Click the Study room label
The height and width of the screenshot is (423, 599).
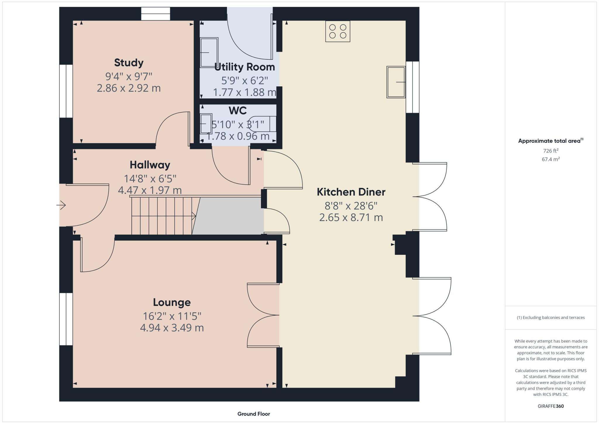tap(129, 63)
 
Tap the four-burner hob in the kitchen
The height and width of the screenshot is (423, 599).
tap(338, 31)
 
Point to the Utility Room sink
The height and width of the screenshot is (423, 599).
tap(209, 53)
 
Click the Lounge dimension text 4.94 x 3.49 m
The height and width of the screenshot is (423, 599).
tap(172, 328)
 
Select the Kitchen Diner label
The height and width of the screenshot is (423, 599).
tap(351, 192)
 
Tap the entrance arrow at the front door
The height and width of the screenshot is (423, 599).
tap(61, 205)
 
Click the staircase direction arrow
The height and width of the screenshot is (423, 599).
tap(193, 216)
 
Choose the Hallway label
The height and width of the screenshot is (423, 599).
tap(150, 165)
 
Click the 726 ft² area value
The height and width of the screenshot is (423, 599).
tap(551, 151)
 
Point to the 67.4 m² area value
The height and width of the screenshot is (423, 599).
tap(551, 159)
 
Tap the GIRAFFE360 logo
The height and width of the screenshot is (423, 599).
tap(551, 406)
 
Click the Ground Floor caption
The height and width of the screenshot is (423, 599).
tap(254, 414)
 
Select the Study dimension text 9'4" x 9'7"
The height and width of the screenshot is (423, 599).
tap(129, 77)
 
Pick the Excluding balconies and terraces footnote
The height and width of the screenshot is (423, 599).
tap(551, 317)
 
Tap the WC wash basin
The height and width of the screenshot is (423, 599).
tap(206, 124)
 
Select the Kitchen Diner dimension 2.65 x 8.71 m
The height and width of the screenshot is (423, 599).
tap(351, 217)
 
